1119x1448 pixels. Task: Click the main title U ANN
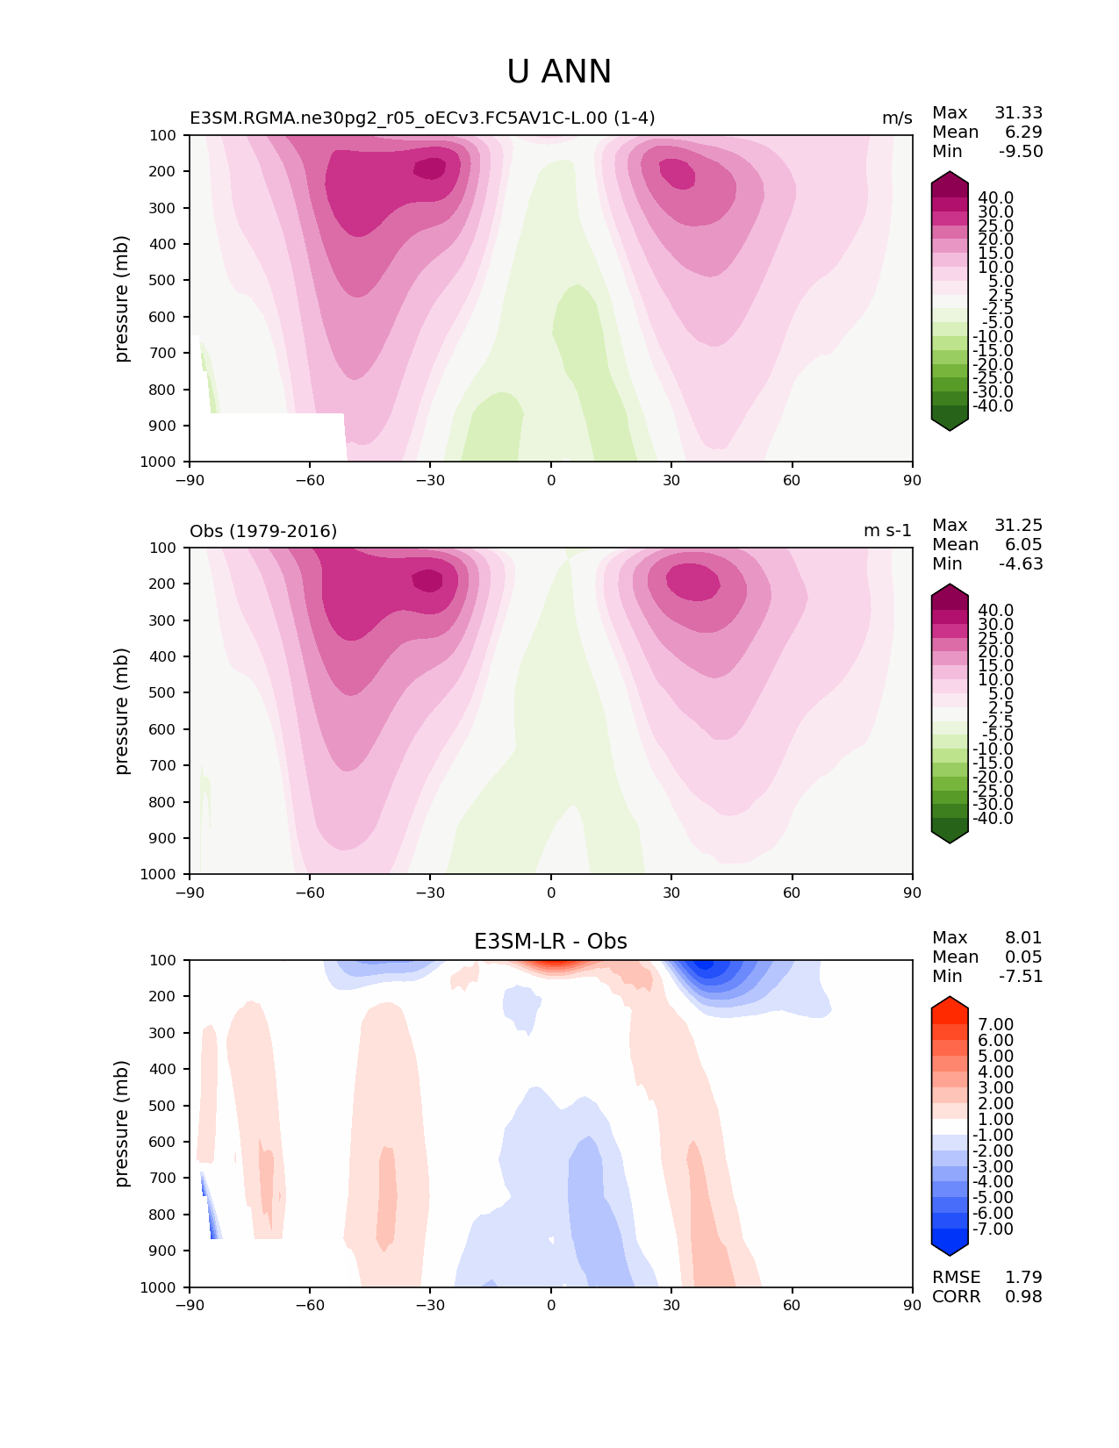pos(559,72)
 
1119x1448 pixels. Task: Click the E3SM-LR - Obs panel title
pos(550,942)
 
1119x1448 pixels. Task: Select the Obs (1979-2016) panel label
pos(263,531)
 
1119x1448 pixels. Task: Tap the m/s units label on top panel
pos(897,118)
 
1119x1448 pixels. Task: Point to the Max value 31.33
pos(1018,113)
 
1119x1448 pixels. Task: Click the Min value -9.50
pos(1021,152)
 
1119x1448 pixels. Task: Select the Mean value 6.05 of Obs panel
pos(1022,545)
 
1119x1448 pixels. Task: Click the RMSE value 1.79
pos(1023,1278)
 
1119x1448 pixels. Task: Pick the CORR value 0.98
pos(1023,1297)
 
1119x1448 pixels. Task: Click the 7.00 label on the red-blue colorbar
pos(995,1025)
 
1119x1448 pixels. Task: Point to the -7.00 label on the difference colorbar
pos(993,1229)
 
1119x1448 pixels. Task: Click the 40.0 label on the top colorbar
pos(995,198)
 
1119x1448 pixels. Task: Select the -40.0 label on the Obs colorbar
pos(993,819)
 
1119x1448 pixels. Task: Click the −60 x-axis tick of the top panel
pos(310,480)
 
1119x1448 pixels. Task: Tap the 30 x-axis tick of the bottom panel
pos(671,1305)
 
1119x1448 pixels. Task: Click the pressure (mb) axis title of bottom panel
pos(122,1123)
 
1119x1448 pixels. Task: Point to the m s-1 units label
pos(887,531)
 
